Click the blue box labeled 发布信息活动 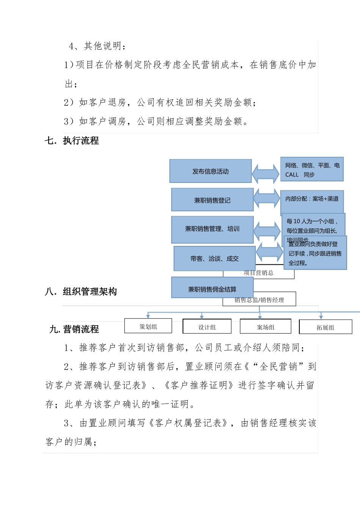coord(210,171)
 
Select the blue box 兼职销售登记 coord(212,200)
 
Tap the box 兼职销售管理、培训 coord(212,229)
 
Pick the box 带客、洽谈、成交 coord(214,259)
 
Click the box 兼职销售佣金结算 coord(212,289)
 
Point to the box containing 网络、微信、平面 coord(312,169)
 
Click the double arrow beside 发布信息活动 coord(266,173)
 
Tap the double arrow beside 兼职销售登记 coord(267,198)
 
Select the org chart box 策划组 coord(148,326)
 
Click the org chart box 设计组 coord(207,327)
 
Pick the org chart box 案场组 coord(265,327)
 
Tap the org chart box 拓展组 coord(326,328)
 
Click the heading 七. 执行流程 coord(72,141)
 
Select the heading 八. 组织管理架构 coord(81,291)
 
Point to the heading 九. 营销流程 coord(74,329)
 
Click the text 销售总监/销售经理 coord(259,300)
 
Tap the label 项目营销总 coord(258,273)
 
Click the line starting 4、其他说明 coord(97,46)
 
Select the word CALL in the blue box coord(292,175)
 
